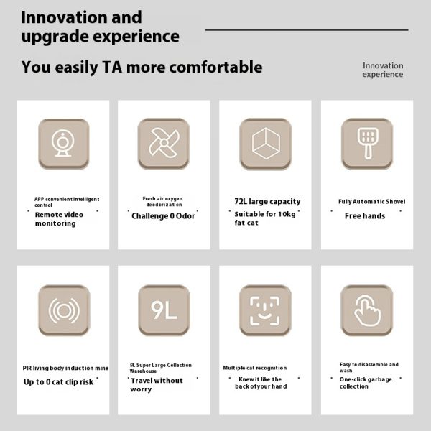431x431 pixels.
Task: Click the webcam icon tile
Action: click(x=64, y=144)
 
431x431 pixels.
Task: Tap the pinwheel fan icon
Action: click(x=164, y=144)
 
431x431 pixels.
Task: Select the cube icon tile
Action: click(x=266, y=144)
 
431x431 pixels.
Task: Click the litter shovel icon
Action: click(x=367, y=144)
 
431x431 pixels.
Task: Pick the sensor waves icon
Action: click(x=64, y=310)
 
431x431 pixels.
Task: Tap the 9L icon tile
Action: click(x=164, y=310)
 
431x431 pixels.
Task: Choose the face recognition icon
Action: click(x=265, y=310)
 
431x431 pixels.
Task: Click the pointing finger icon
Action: click(x=366, y=310)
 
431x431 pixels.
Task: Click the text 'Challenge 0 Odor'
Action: click(x=163, y=216)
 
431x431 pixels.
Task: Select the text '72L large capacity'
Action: click(x=267, y=201)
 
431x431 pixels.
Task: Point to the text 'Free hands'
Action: click(x=365, y=216)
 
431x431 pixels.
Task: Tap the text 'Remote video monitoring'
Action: click(x=59, y=219)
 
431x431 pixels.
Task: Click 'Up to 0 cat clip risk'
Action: click(x=59, y=382)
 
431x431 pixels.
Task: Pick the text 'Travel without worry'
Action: click(x=157, y=385)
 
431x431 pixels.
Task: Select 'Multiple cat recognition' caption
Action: click(x=255, y=368)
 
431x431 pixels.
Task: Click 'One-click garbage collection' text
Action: click(x=366, y=383)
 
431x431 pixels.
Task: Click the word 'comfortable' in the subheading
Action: click(x=215, y=67)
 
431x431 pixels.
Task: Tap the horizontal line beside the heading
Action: click(x=307, y=29)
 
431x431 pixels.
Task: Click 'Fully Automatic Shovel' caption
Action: click(x=372, y=201)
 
